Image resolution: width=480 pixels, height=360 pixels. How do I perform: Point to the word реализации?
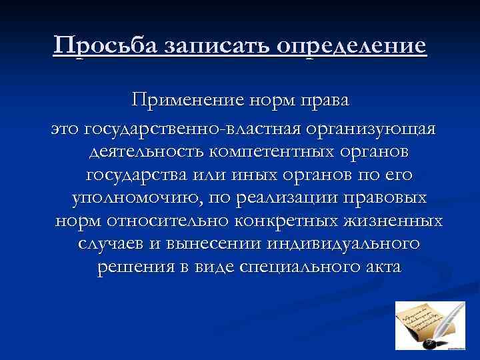tap(298, 200)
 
